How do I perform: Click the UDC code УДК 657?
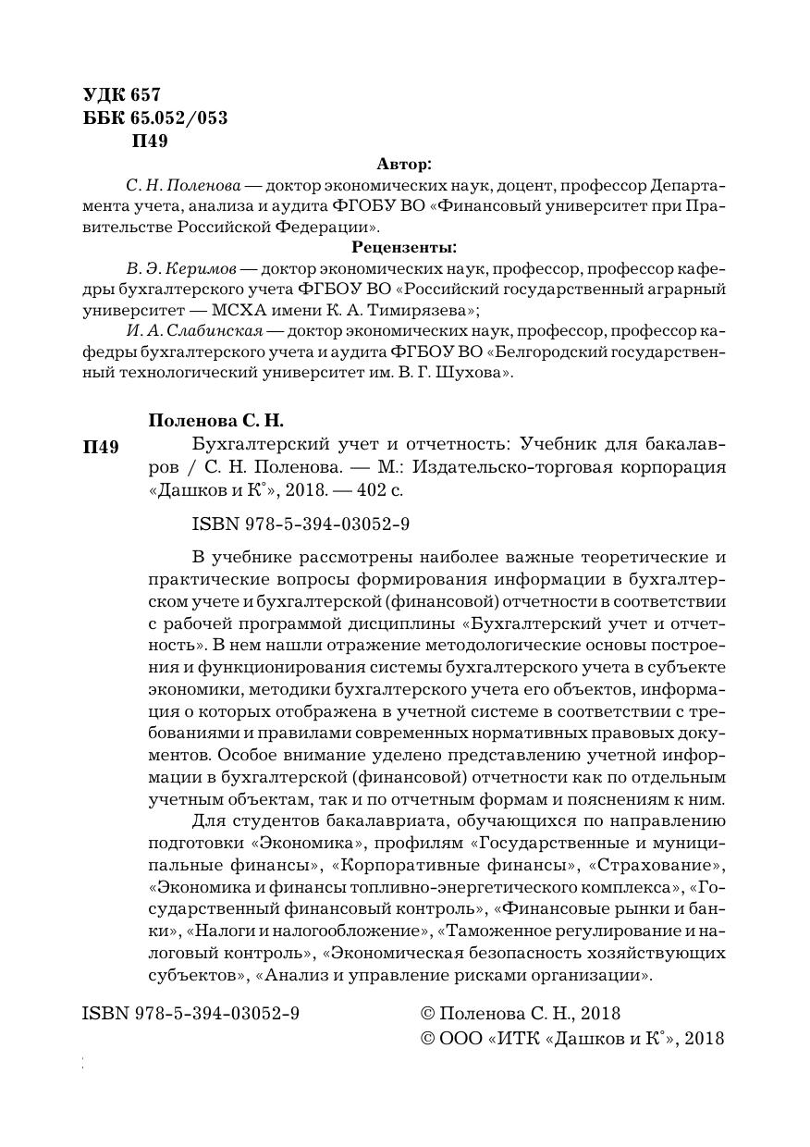[122, 94]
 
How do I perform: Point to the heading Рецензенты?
[404, 248]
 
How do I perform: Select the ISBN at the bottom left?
[190, 1014]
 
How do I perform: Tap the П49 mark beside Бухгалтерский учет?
[101, 449]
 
